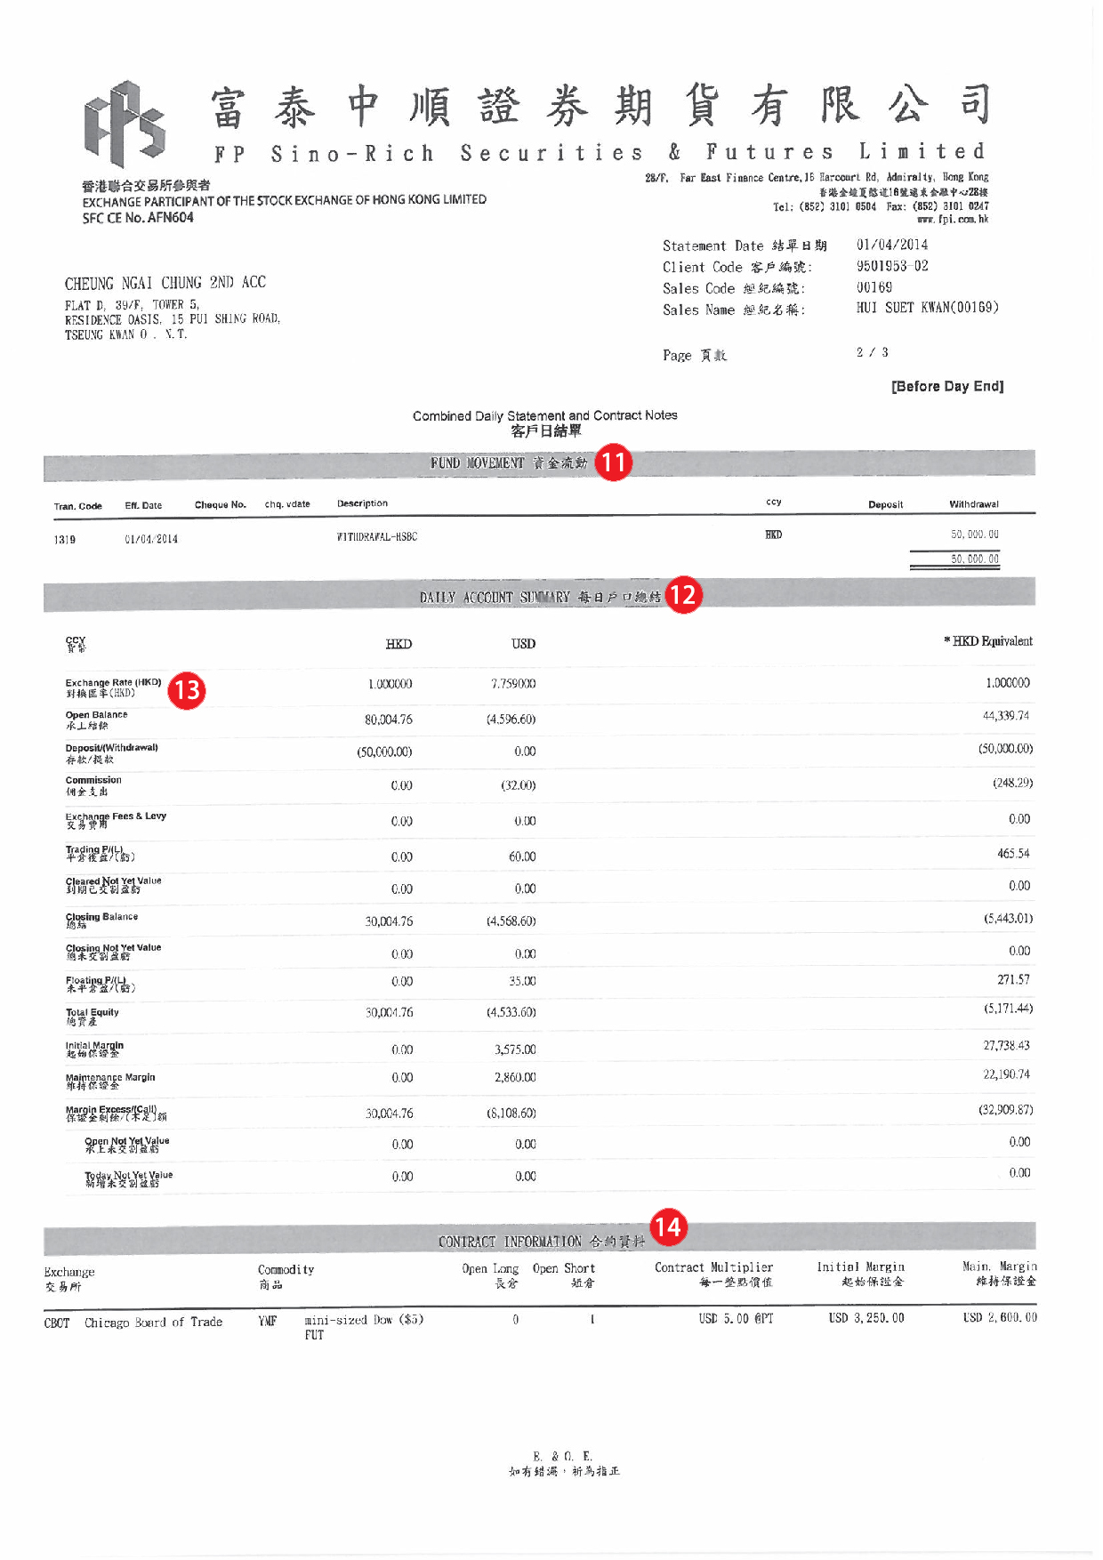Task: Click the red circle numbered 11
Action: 613,462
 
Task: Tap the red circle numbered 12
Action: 683,595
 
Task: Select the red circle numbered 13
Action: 187,690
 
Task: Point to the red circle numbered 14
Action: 667,1227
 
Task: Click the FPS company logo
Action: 125,124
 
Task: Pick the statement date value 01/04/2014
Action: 891,245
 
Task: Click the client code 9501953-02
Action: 891,266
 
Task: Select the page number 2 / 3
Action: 872,353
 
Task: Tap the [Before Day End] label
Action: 947,386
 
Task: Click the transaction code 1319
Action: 65,540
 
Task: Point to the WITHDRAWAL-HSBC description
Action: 377,537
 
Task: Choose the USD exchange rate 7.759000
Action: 513,684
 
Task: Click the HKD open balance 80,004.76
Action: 389,720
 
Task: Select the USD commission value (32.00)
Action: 518,785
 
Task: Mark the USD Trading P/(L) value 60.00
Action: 522,856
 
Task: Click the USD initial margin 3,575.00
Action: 515,1049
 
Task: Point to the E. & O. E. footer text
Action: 562,1456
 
